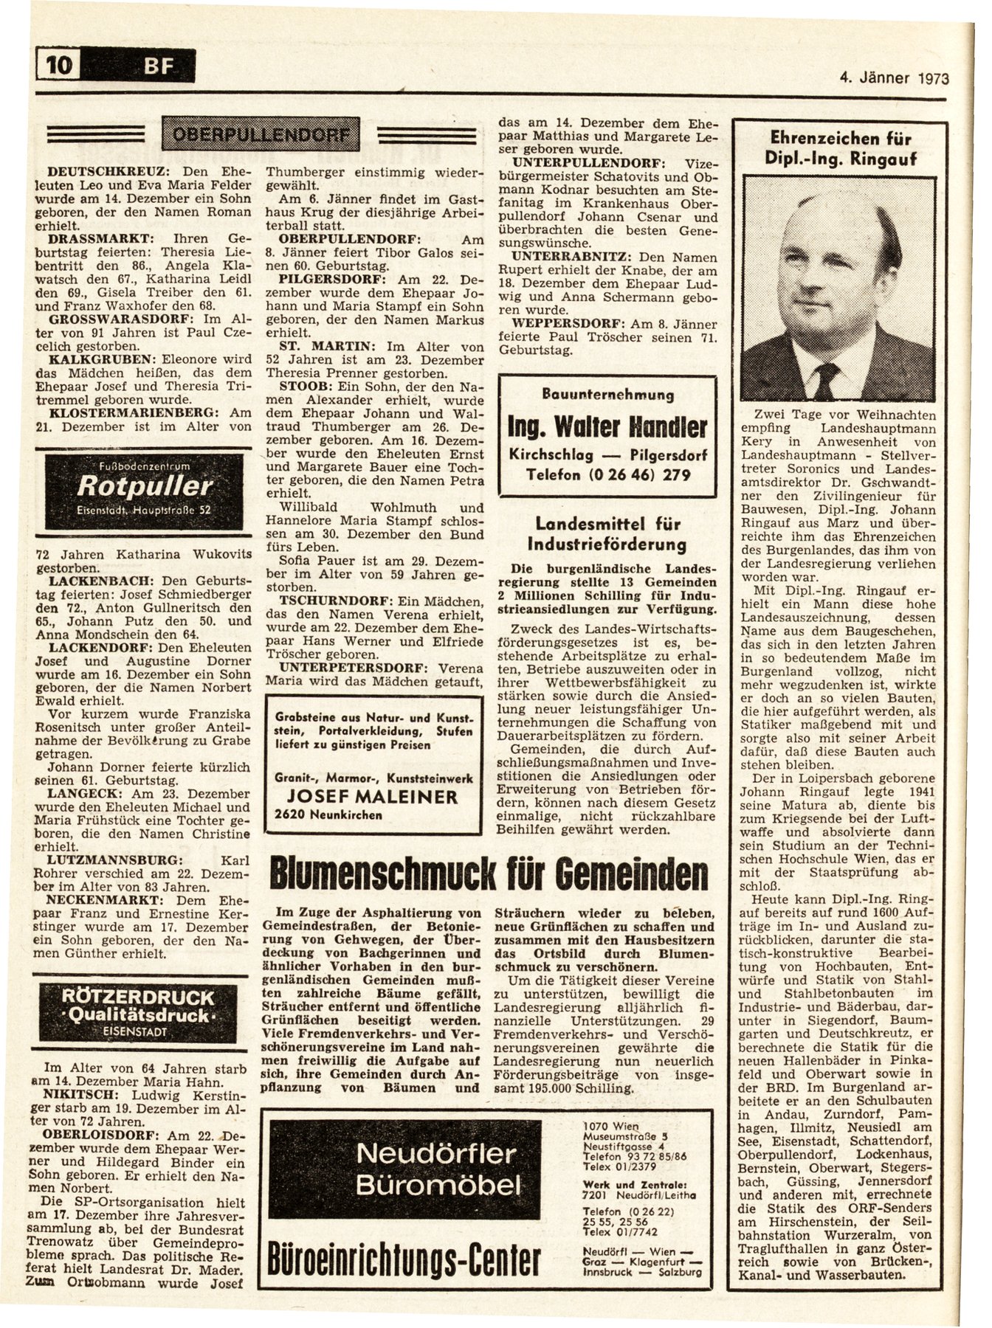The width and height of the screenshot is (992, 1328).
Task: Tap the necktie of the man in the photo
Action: [x=826, y=379]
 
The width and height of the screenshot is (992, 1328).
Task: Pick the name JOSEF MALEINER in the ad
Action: [x=372, y=797]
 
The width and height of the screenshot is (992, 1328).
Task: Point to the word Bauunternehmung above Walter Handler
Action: [x=607, y=395]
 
